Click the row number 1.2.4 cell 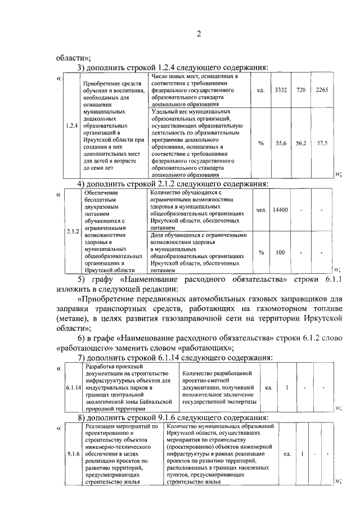pos(70,125)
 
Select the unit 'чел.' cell pos(260,210)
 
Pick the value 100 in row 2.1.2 pos(280,252)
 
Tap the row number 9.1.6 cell pos(73,453)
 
